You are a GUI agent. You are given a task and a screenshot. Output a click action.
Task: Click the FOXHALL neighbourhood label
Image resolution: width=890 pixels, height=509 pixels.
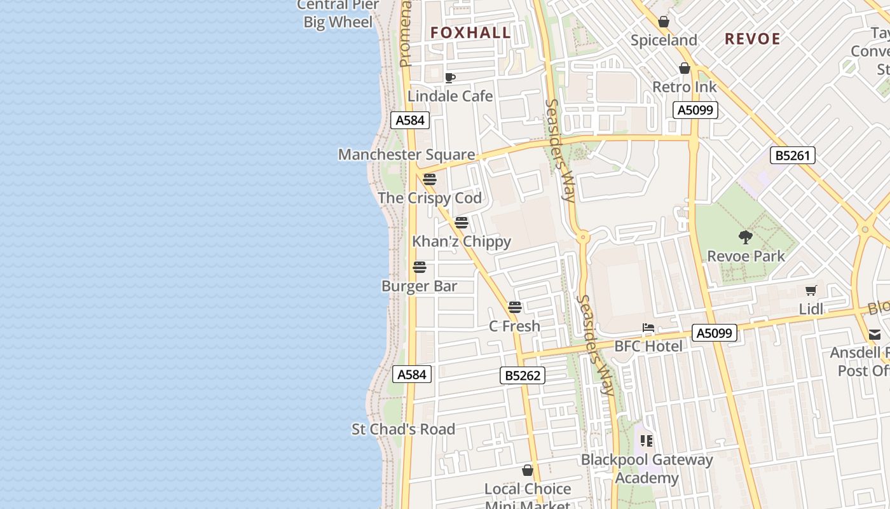(470, 32)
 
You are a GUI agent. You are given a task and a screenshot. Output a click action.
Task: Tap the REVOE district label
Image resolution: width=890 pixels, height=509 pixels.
(753, 39)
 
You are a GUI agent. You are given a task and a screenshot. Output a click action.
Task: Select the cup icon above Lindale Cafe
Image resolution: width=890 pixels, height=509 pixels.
(450, 78)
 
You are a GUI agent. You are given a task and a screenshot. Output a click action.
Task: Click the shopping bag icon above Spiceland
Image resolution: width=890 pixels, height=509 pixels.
(664, 22)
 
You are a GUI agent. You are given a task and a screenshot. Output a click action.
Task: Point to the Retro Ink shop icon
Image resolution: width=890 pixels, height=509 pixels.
(685, 68)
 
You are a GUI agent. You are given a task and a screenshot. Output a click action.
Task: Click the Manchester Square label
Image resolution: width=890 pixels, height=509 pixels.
(406, 155)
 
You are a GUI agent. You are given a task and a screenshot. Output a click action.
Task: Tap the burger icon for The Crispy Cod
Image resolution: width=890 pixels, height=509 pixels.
(430, 179)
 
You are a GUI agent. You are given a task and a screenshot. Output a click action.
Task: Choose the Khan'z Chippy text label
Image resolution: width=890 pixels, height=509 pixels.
(462, 242)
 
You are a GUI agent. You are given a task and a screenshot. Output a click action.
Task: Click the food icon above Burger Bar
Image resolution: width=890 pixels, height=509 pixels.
(420, 267)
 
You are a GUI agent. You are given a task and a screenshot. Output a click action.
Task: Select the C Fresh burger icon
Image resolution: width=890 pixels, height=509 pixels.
(515, 307)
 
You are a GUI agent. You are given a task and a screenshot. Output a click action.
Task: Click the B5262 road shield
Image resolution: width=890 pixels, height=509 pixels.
(523, 375)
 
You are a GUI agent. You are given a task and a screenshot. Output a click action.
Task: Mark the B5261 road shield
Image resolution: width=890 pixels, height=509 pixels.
(792, 155)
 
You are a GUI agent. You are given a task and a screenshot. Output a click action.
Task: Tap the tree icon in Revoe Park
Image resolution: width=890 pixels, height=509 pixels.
(746, 237)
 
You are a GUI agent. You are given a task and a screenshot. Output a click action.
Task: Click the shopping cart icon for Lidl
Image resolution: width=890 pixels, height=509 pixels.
(811, 291)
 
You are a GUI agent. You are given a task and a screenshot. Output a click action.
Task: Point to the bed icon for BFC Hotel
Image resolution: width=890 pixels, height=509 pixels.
(648, 328)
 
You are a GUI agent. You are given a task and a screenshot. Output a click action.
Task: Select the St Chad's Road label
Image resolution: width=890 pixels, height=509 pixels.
(404, 429)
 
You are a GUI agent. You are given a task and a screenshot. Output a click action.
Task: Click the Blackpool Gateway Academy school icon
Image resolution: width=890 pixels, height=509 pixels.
(647, 440)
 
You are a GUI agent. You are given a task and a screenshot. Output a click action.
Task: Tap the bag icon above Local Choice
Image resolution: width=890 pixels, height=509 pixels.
(528, 470)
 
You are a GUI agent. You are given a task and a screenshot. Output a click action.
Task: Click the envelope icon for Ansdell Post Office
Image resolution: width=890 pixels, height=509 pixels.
(875, 334)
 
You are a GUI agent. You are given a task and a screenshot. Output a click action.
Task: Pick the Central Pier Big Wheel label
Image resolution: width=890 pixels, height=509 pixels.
(338, 13)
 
